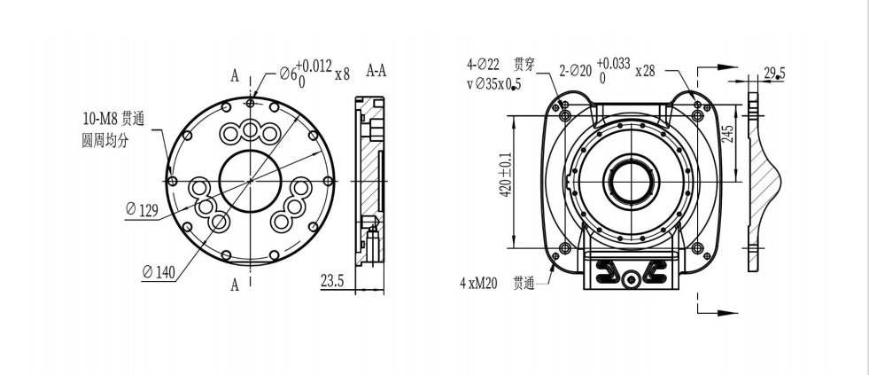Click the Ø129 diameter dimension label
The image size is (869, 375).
[143, 210]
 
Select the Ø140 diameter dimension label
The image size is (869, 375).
[159, 272]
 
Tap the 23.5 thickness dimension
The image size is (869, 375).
[332, 281]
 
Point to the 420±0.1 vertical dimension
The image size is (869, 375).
[505, 176]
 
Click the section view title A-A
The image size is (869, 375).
[376, 70]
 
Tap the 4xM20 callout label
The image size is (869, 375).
[478, 284]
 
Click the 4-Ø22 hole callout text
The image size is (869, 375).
[483, 65]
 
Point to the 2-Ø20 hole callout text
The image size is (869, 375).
[575, 71]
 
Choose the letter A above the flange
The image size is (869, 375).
[235, 76]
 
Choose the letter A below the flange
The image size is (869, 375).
[235, 285]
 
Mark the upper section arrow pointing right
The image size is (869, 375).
[718, 67]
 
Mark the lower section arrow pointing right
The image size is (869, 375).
[718, 313]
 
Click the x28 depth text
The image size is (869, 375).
[645, 71]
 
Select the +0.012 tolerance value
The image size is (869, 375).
[314, 66]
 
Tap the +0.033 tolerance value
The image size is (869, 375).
[614, 63]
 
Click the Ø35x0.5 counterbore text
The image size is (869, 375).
[493, 83]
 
